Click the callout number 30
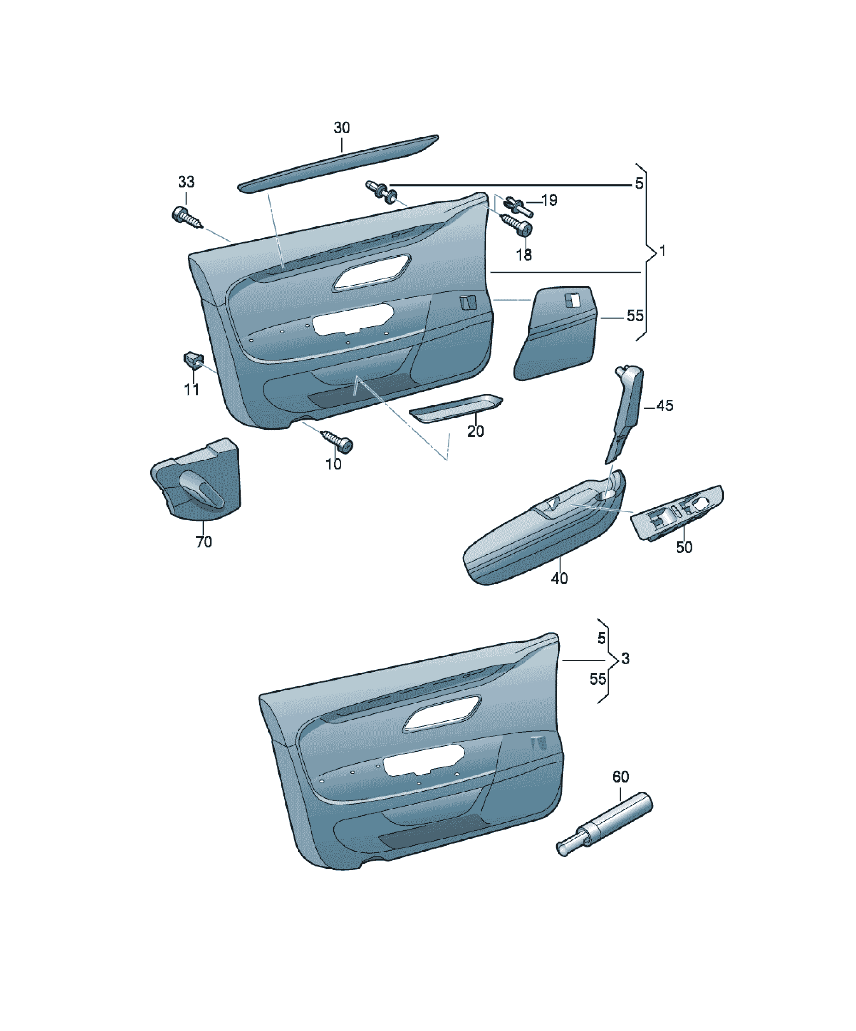(342, 128)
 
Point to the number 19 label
(549, 200)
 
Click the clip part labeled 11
(193, 360)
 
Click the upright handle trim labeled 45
(625, 412)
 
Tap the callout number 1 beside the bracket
(663, 251)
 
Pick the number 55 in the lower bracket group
(598, 679)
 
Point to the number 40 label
(559, 578)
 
